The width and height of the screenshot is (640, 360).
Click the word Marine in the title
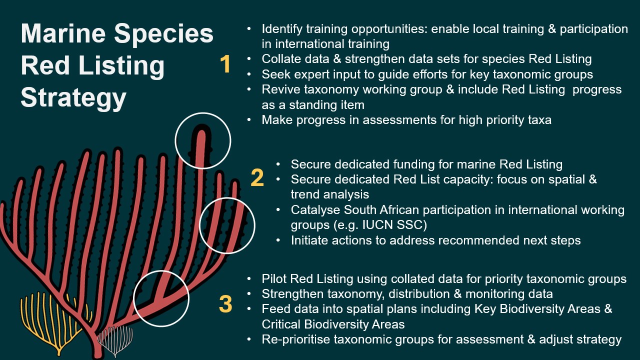pyautogui.click(x=63, y=33)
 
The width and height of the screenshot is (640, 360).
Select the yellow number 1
pyautogui.click(x=225, y=64)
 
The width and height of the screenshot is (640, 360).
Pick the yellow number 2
pyautogui.click(x=257, y=177)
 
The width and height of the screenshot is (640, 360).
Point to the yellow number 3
pyautogui.click(x=225, y=303)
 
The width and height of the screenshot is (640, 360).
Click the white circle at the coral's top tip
pyautogui.click(x=175, y=140)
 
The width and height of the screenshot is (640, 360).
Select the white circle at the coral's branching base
pyautogui.click(x=133, y=298)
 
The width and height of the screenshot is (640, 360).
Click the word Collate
pyautogui.click(x=281, y=59)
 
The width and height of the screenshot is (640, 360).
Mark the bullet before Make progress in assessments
pyautogui.click(x=249, y=120)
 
